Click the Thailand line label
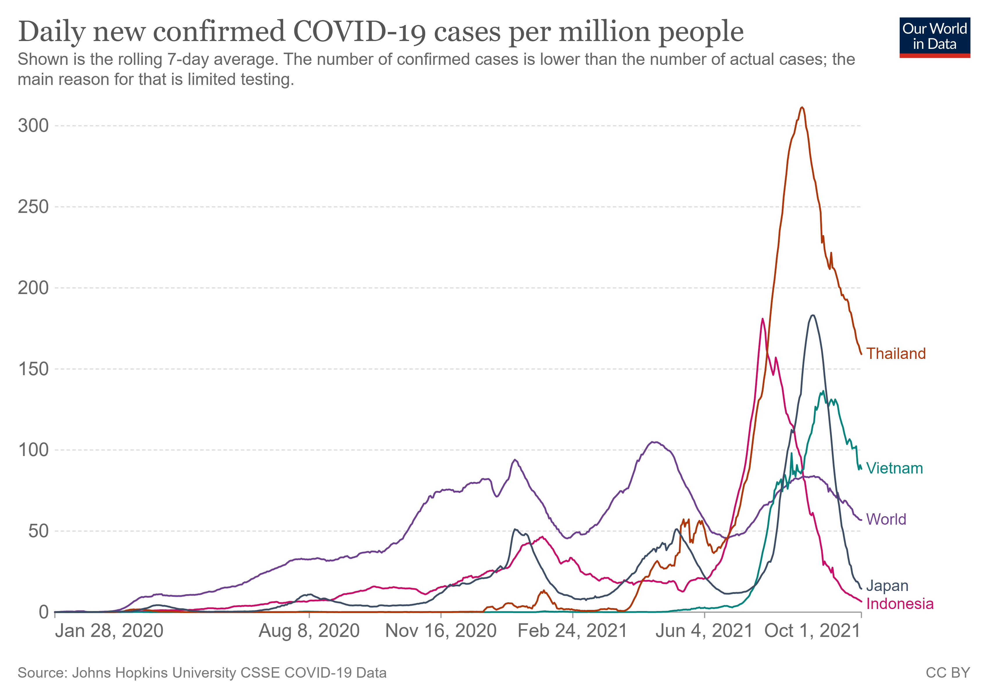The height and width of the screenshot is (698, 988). [x=896, y=354]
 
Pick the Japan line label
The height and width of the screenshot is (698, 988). [x=887, y=586]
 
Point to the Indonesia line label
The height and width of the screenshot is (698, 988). [x=899, y=604]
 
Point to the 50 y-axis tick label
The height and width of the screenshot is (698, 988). [x=39, y=531]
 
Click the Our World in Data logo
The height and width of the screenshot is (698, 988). [x=934, y=37]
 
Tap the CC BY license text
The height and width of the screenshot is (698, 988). [x=948, y=673]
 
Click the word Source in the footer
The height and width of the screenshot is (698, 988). [x=42, y=673]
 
